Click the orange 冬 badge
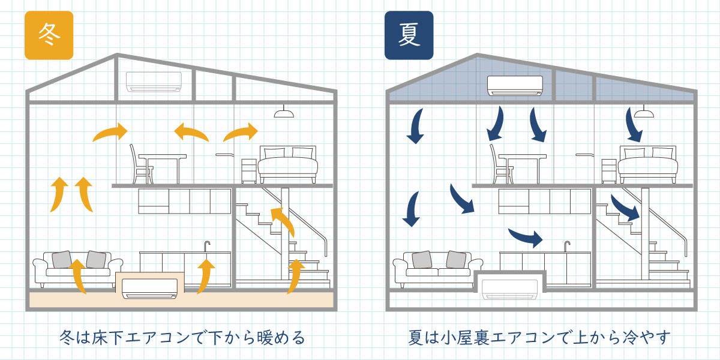point(49,35)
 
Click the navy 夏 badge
point(409,35)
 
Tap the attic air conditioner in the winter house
point(154,82)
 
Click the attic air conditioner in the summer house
point(515,85)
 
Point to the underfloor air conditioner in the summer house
point(511,290)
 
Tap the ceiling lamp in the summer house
point(643,112)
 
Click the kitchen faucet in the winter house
point(207,246)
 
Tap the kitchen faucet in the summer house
point(567,246)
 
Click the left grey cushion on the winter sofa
point(62,259)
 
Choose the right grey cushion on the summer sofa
point(456,259)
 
